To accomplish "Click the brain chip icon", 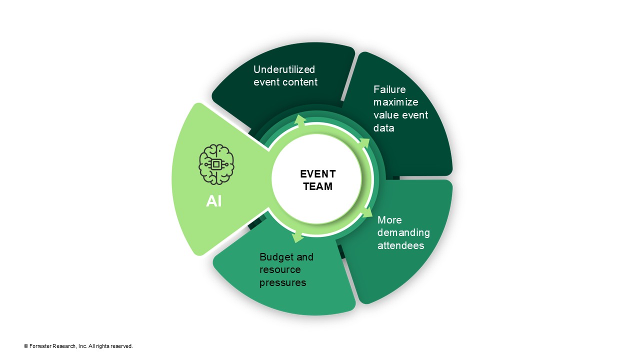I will [x=216, y=164].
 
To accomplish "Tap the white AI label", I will [x=214, y=201].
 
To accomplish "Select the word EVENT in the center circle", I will [x=317, y=174].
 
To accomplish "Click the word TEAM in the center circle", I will [x=317, y=186].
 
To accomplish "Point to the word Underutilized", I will [x=284, y=69].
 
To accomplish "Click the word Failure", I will [x=389, y=89].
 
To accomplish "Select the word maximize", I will [x=395, y=102].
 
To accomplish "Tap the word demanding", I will [x=403, y=233].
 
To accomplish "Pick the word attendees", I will [x=400, y=245].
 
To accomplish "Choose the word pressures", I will [x=282, y=282].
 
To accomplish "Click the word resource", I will [x=280, y=270].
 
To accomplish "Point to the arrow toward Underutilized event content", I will [x=300, y=119].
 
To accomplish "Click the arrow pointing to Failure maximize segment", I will [x=364, y=144].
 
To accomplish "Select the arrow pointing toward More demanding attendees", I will [x=367, y=211].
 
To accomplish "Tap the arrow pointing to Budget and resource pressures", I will [x=298, y=237].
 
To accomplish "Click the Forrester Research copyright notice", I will [x=78, y=346].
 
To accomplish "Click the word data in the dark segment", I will [x=383, y=128].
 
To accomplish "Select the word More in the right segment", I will [x=389, y=220].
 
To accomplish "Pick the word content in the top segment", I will [x=301, y=82].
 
